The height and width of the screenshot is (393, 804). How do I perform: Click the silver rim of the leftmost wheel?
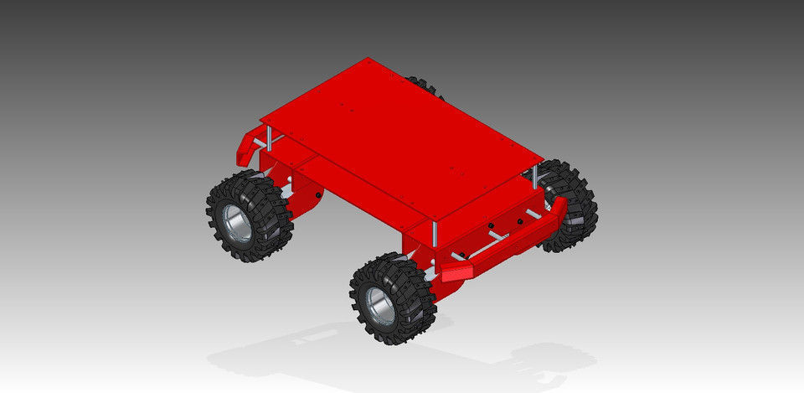(237, 221)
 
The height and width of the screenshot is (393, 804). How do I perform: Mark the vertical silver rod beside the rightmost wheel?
(534, 176)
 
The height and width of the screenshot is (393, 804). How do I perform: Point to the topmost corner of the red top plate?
(368, 59)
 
